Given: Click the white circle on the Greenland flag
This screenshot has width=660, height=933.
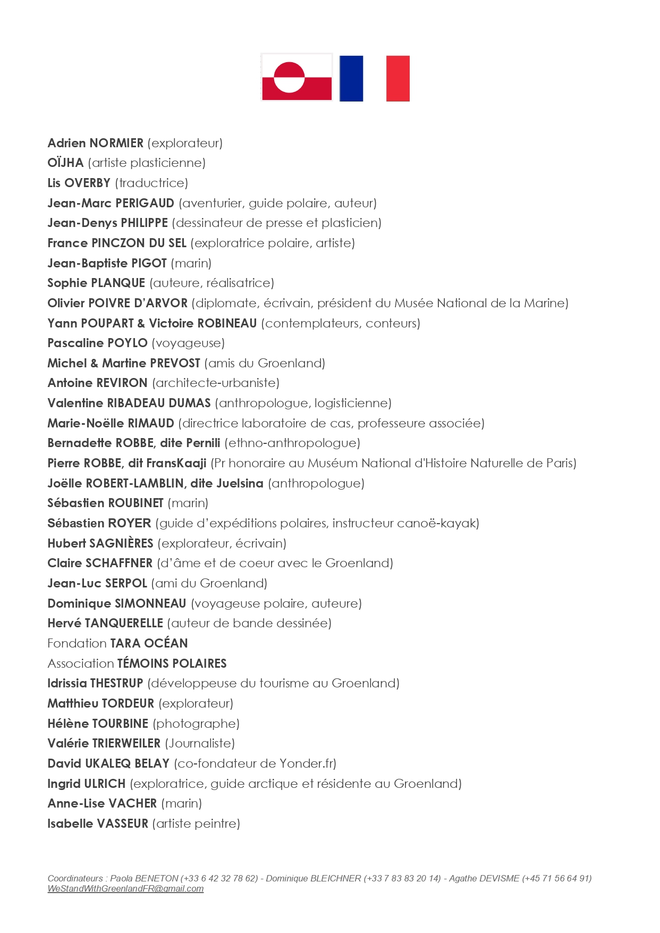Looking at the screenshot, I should point(289,78).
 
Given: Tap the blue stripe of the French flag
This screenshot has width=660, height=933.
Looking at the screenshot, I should point(351,78).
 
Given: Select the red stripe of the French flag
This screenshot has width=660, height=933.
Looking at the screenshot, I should point(398,78).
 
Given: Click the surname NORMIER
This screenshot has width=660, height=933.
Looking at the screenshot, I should point(116,143).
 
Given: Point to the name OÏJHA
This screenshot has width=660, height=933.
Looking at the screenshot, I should point(65,163).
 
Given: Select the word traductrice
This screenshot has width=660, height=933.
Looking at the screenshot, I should point(151,183).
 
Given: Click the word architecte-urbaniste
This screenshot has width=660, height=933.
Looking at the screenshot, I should point(216,383).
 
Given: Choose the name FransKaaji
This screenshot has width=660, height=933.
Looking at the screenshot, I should point(176,463).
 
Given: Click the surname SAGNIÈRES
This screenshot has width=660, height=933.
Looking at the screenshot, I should point(121,543).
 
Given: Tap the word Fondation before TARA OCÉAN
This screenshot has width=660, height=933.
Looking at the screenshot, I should point(77,643).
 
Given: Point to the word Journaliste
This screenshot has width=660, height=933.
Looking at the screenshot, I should point(200,743).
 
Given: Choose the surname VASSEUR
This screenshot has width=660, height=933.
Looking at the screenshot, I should point(123,823).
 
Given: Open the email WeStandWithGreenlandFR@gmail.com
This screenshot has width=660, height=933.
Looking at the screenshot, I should point(125,888).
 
